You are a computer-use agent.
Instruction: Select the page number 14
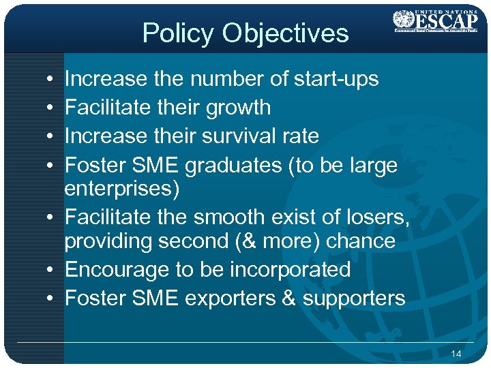pyautogui.click(x=456, y=354)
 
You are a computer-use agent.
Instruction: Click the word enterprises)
pyautogui.click(x=122, y=189)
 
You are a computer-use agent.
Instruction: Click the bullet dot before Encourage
pyautogui.click(x=53, y=270)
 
